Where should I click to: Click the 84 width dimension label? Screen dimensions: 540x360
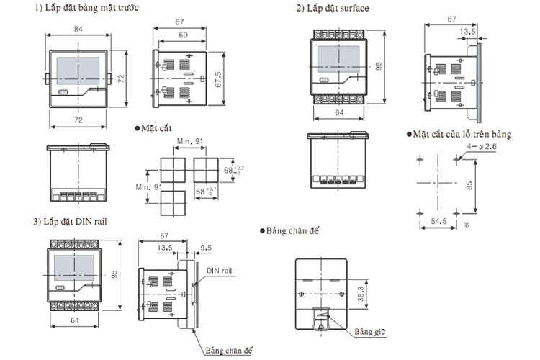(x=78, y=29)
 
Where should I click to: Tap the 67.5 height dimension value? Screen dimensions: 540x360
(x=217, y=79)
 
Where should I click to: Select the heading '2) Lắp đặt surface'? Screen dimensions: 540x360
(x=333, y=8)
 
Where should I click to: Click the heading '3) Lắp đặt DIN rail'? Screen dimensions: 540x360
(x=70, y=222)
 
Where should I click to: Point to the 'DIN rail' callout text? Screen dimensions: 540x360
(x=220, y=271)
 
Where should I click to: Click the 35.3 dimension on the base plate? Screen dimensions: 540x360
(x=360, y=294)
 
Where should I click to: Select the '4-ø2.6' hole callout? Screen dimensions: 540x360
(x=482, y=146)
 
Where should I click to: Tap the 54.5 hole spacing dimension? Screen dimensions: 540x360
(x=438, y=221)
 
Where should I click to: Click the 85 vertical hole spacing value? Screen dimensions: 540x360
(x=469, y=186)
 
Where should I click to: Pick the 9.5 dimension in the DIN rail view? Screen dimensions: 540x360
(x=206, y=248)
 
